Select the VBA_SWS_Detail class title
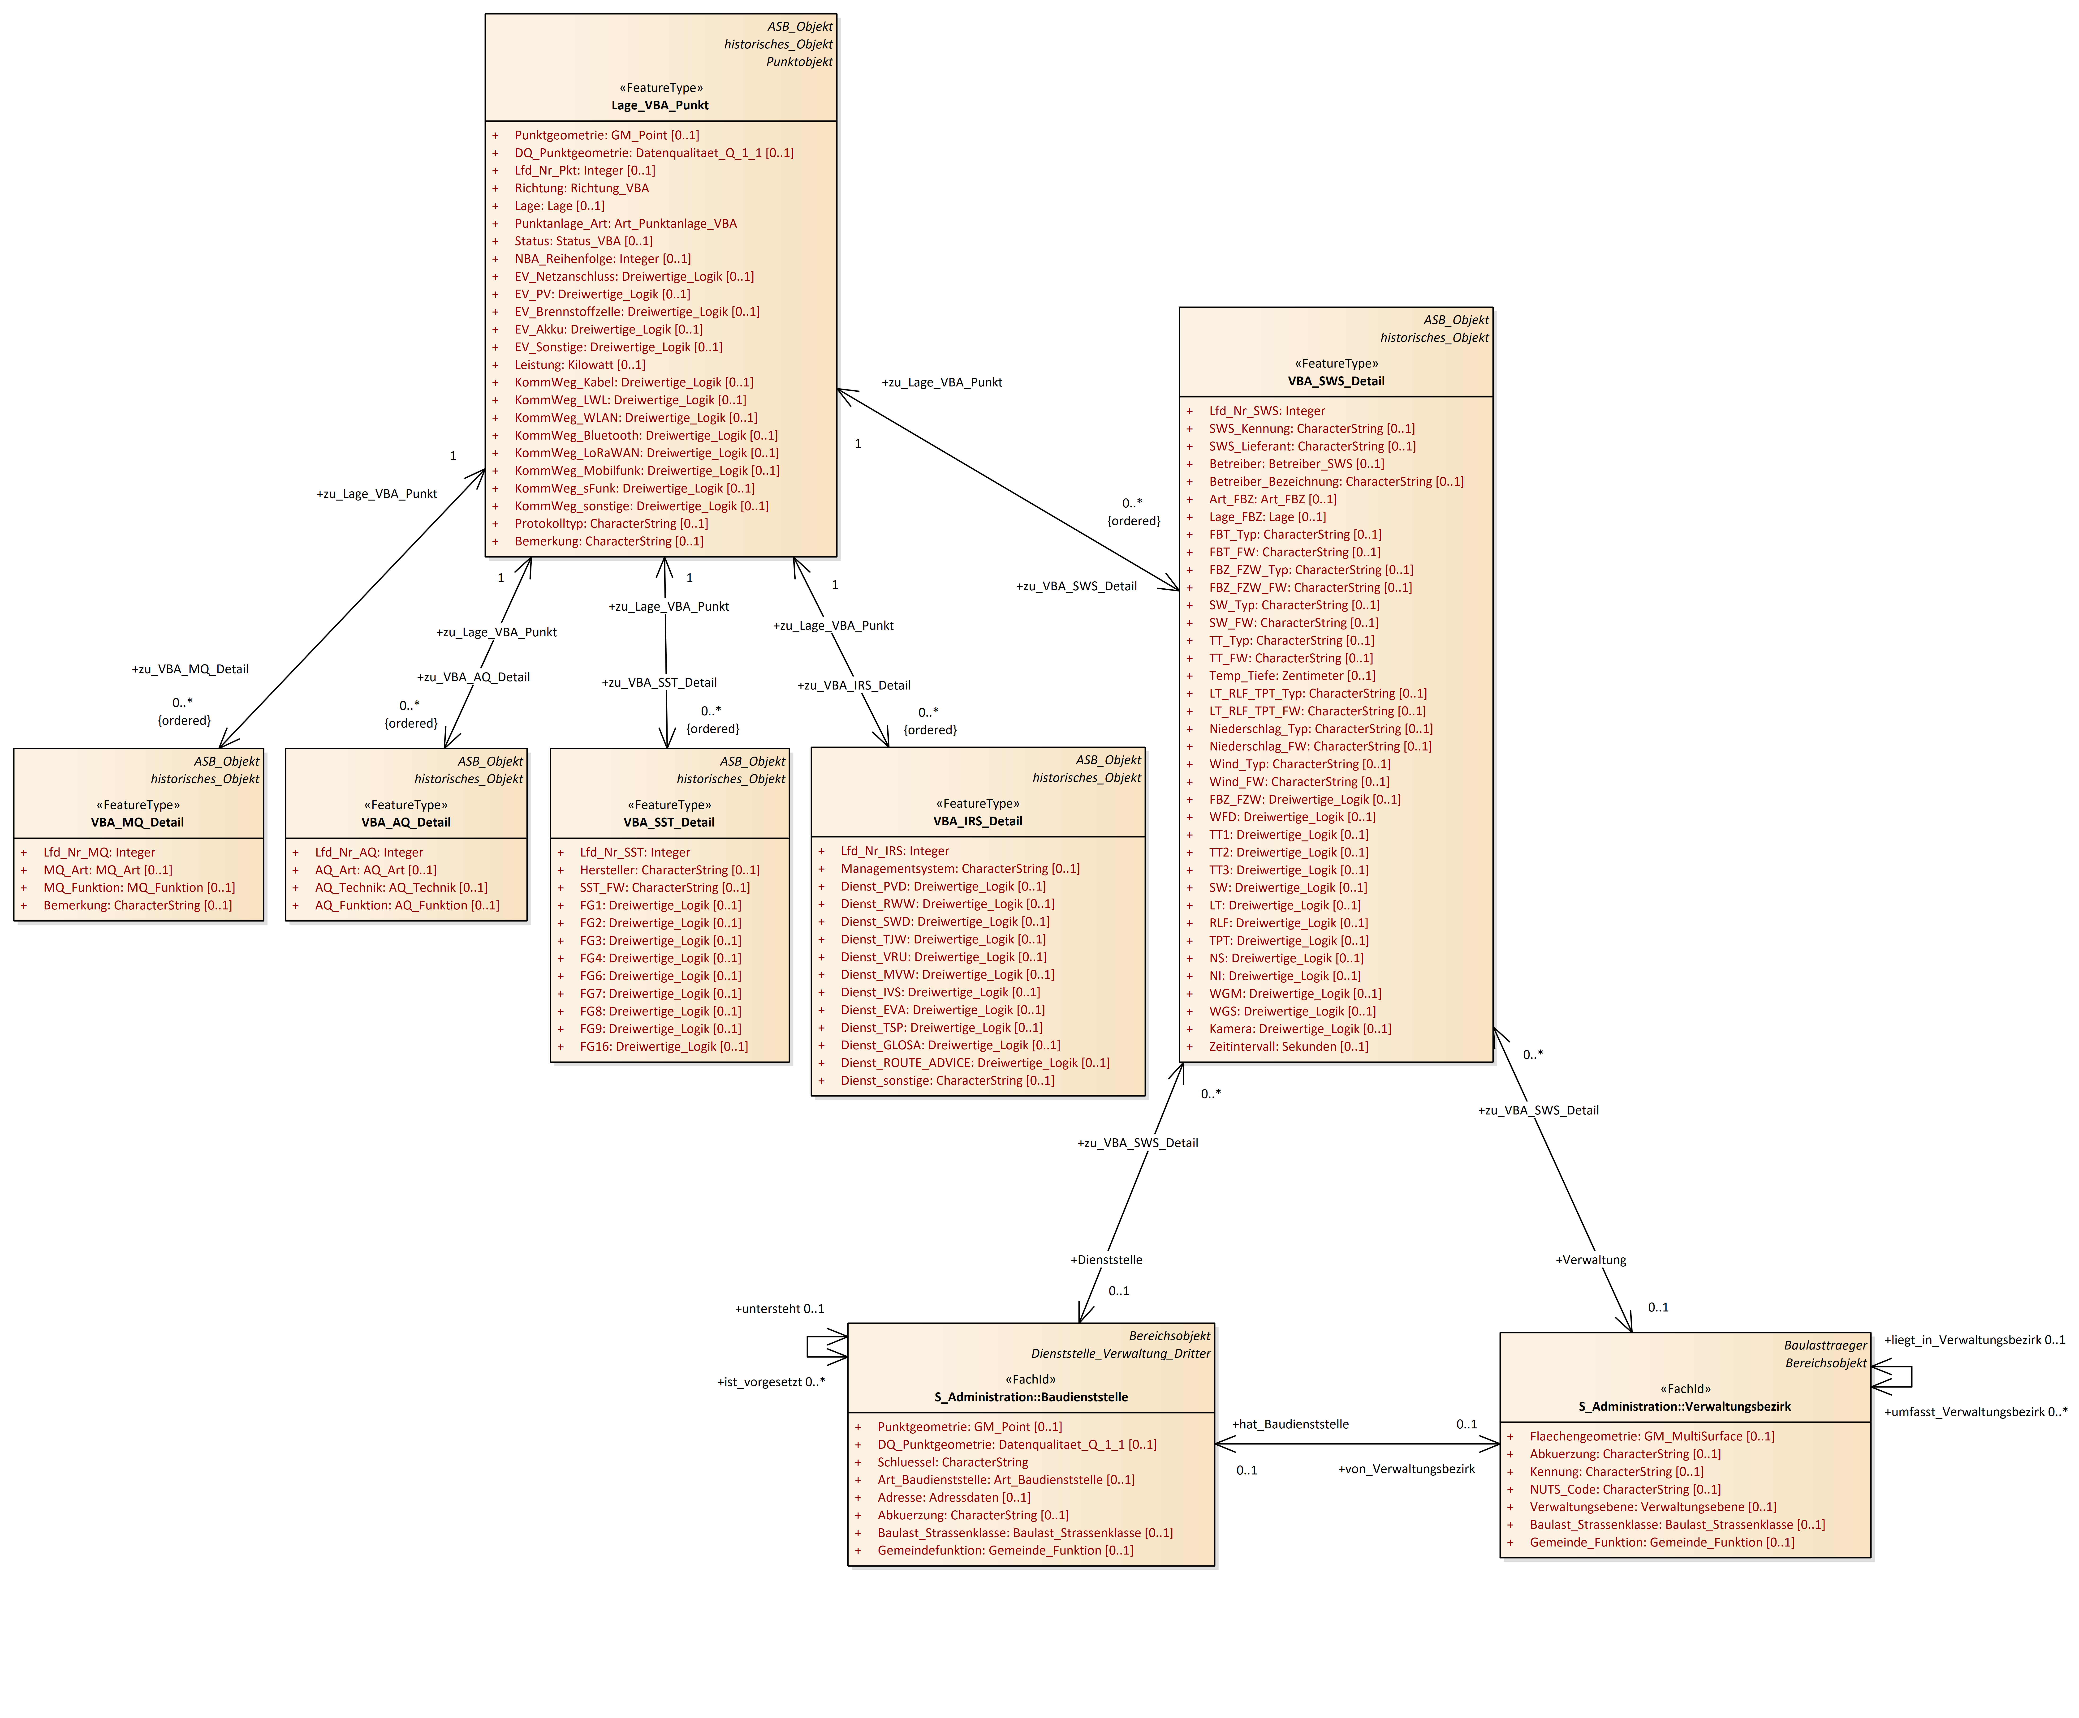[x=1336, y=381]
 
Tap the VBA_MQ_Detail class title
[x=138, y=822]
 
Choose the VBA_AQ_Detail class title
[x=406, y=822]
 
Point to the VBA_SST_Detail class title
[x=669, y=822]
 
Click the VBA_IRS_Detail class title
[x=977, y=821]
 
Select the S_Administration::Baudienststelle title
[x=1031, y=1397]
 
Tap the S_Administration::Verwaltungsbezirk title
[x=1684, y=1406]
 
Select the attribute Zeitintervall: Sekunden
[x=1288, y=1047]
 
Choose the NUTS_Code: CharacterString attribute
[x=1625, y=1489]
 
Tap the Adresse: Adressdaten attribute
[x=953, y=1497]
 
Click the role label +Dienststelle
[x=1106, y=1260]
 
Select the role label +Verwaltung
[x=1590, y=1260]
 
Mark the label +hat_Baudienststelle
[x=1290, y=1424]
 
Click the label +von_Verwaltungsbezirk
[x=1406, y=1469]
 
